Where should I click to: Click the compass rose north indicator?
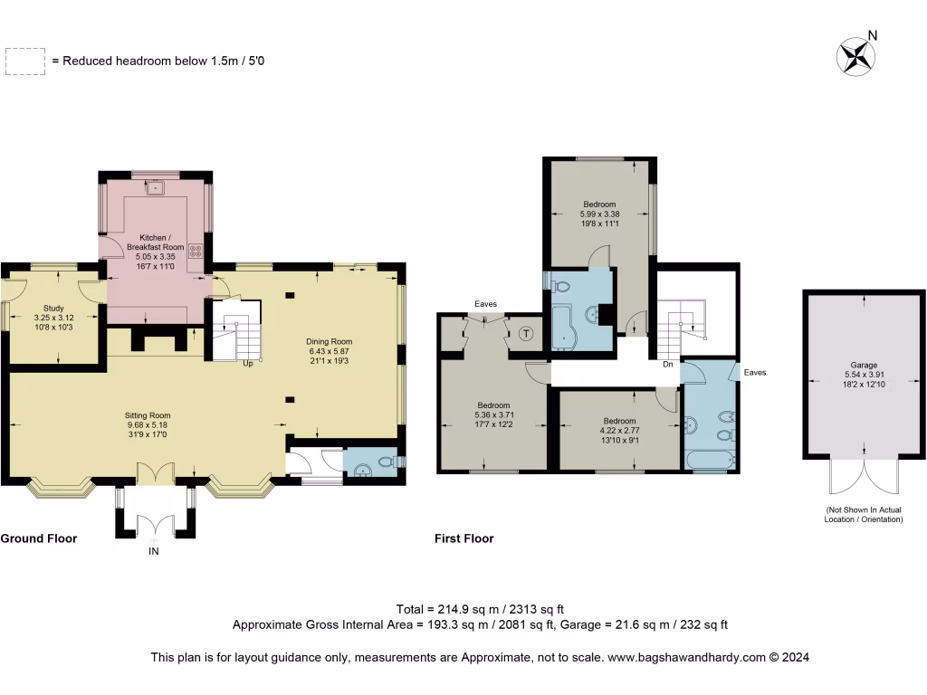click(856, 55)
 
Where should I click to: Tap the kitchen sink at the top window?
click(155, 187)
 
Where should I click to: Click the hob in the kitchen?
click(196, 252)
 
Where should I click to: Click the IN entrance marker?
click(154, 550)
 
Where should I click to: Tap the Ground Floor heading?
click(39, 538)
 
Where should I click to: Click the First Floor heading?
click(464, 538)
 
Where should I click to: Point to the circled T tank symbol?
click(526, 333)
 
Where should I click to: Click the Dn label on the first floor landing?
click(667, 365)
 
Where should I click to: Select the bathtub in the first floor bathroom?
click(709, 461)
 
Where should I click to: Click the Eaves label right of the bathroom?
click(755, 372)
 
